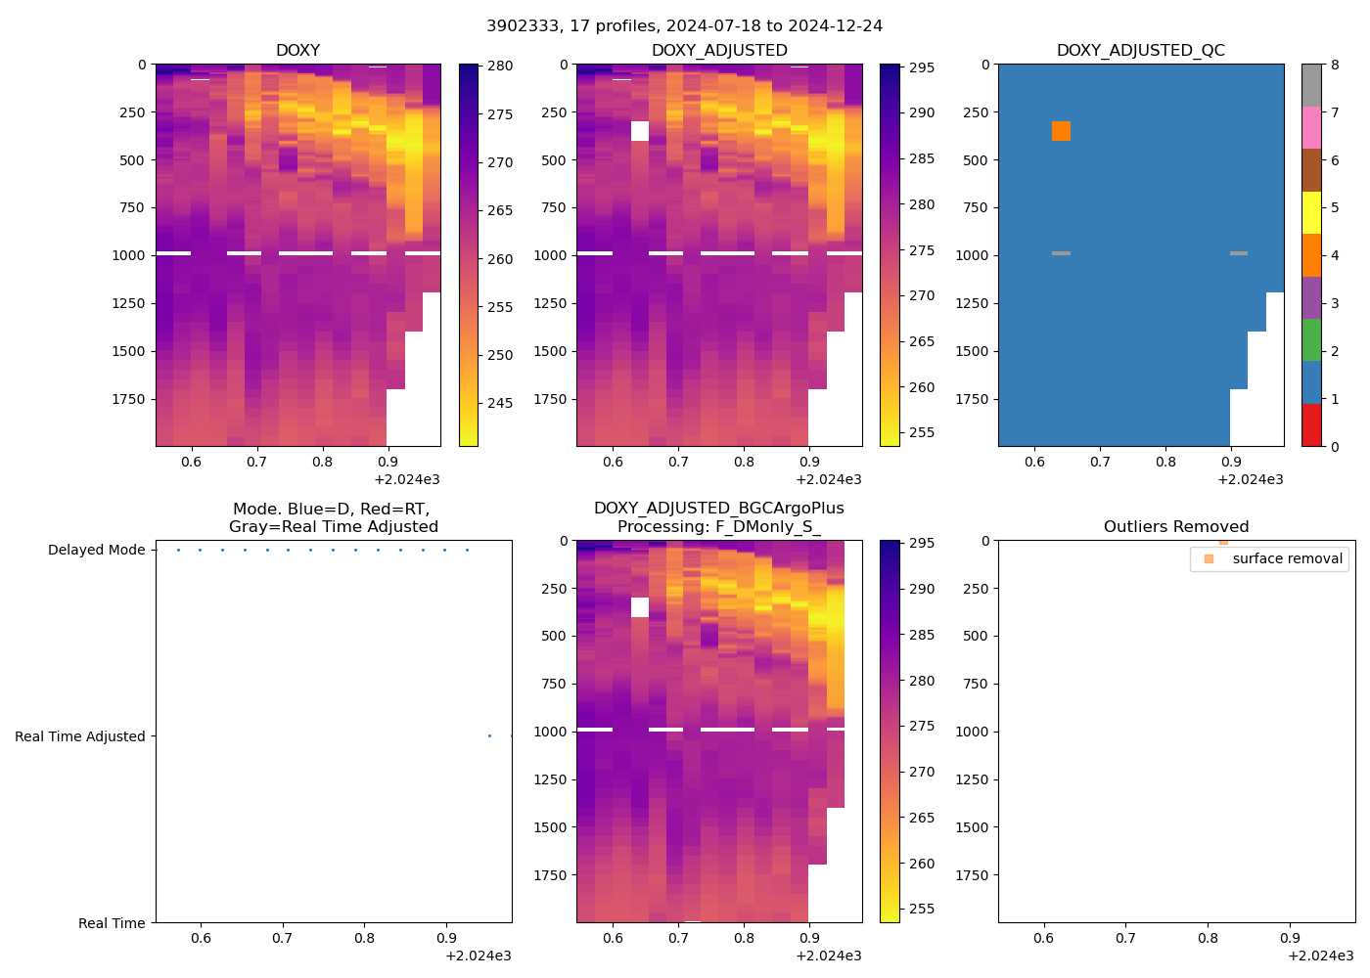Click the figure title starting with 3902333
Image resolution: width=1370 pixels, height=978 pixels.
click(684, 26)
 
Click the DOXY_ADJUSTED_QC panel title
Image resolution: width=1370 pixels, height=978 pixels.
click(1140, 51)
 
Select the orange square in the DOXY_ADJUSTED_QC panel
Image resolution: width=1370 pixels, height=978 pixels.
click(1061, 131)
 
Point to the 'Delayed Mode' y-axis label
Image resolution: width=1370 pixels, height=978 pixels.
click(96, 550)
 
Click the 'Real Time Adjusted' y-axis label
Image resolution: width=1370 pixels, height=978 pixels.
click(80, 736)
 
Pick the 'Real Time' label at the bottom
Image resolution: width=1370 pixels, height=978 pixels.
click(112, 923)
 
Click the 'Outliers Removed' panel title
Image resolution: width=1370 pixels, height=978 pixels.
click(1175, 527)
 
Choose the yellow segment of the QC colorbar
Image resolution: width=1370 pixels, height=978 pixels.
click(1311, 212)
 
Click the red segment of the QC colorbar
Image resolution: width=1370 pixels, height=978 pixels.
click(1311, 425)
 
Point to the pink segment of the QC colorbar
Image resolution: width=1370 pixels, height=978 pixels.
click(1311, 127)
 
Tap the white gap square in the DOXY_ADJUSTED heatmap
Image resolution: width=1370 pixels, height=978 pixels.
click(640, 131)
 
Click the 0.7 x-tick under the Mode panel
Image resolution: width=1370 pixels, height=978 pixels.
click(282, 939)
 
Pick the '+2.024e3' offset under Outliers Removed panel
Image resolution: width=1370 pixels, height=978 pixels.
click(1320, 956)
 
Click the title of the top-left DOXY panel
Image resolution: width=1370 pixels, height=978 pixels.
click(297, 51)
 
